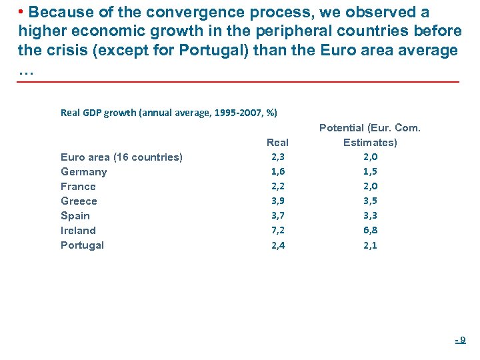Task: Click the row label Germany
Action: coord(83,172)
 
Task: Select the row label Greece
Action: coord(79,201)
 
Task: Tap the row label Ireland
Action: coord(78,231)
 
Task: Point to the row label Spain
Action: coord(75,216)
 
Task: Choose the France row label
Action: coord(78,187)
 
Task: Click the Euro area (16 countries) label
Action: coord(121,157)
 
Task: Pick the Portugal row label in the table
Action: coord(82,245)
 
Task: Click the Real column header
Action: coord(277,142)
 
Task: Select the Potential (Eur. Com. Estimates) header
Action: coord(370,135)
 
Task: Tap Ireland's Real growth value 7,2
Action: coord(278,230)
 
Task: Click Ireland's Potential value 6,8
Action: coord(370,230)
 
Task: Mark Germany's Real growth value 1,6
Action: coord(278,171)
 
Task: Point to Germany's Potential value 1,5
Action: coord(370,171)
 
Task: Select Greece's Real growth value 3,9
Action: coord(278,201)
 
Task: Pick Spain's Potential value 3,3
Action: coord(370,215)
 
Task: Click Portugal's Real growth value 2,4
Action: coord(278,245)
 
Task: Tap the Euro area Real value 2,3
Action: coord(278,157)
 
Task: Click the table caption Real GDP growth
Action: coord(169,113)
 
